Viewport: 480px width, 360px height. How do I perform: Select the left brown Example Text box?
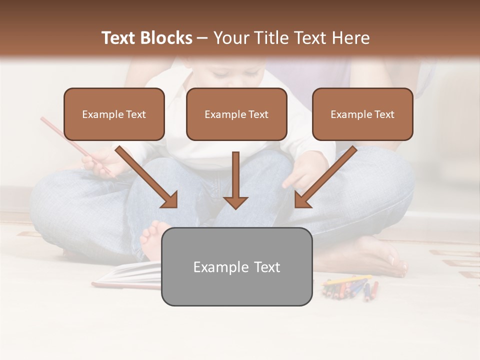click(114, 114)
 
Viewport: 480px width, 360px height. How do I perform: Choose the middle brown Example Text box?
click(236, 114)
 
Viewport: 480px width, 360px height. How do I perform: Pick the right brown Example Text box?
click(362, 114)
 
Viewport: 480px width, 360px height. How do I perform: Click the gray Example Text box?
click(236, 267)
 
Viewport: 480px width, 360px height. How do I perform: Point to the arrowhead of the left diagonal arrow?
click(169, 200)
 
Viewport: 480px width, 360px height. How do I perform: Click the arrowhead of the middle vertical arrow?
click(235, 202)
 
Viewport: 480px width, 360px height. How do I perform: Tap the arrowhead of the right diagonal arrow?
click(302, 199)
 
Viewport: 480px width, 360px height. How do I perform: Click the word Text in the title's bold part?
click(118, 38)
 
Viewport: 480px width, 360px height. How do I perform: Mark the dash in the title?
click(202, 38)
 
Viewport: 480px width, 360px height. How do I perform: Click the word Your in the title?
click(230, 38)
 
